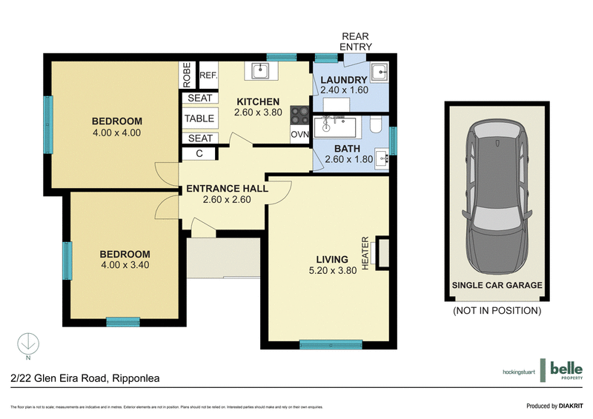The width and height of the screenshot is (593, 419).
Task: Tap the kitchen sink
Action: point(260,71)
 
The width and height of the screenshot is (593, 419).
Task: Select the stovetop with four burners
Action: point(299,115)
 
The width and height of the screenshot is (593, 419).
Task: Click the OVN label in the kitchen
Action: point(299,135)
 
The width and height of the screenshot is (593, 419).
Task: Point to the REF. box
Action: point(208,75)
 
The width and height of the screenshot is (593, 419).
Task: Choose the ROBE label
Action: point(188,75)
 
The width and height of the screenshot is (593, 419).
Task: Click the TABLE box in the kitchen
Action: point(199,118)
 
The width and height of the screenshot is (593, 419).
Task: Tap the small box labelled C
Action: point(199,153)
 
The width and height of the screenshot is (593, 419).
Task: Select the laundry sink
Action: point(378,73)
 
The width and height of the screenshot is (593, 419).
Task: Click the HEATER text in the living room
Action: point(365,252)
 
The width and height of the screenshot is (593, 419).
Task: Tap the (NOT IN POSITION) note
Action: point(496,311)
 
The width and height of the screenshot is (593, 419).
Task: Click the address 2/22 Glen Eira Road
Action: point(86,378)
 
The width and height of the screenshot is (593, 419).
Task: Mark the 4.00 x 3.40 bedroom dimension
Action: point(125,265)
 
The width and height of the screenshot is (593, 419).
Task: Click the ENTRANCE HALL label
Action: point(227,189)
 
